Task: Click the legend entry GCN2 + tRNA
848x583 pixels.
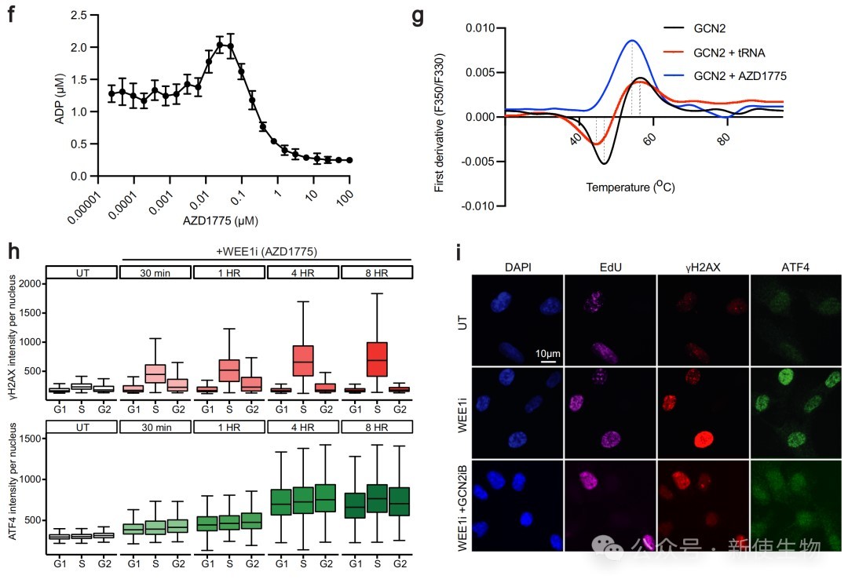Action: pyautogui.click(x=729, y=53)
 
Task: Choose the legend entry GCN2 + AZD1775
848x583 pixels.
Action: pyautogui.click(x=740, y=76)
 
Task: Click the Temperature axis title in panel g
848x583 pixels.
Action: pyautogui.click(x=631, y=188)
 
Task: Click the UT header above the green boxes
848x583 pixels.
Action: pyautogui.click(x=81, y=428)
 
